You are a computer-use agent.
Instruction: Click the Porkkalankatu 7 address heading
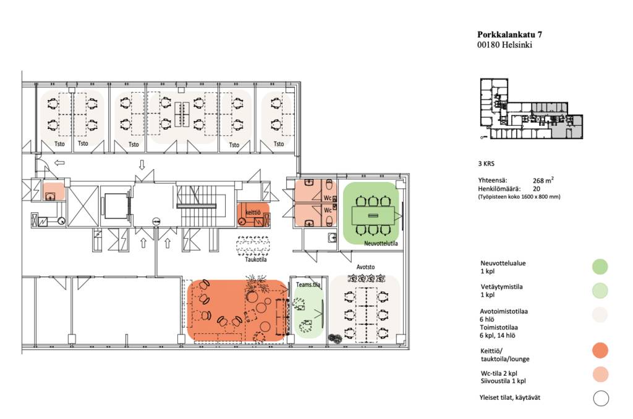click(509, 35)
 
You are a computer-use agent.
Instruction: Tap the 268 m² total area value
click(543, 180)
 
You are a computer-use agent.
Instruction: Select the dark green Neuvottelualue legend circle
click(600, 267)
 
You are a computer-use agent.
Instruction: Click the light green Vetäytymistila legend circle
click(600, 291)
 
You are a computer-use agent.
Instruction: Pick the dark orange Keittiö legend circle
click(600, 351)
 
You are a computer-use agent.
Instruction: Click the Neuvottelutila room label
click(381, 243)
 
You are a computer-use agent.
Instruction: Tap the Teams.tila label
click(308, 284)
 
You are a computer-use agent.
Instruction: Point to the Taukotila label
click(255, 259)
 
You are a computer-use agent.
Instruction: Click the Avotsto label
click(365, 267)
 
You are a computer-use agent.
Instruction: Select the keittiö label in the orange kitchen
click(253, 212)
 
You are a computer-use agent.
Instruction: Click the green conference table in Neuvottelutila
click(373, 215)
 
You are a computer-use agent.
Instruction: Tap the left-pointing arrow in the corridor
click(60, 163)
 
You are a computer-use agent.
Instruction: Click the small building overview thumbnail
click(531, 109)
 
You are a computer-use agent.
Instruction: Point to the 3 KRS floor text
click(486, 164)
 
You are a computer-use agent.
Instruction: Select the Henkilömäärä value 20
click(536, 189)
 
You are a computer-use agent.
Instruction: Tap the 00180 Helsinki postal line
click(504, 44)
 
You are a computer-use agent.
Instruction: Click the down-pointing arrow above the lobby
click(142, 165)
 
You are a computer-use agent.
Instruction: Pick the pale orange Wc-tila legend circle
click(600, 375)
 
